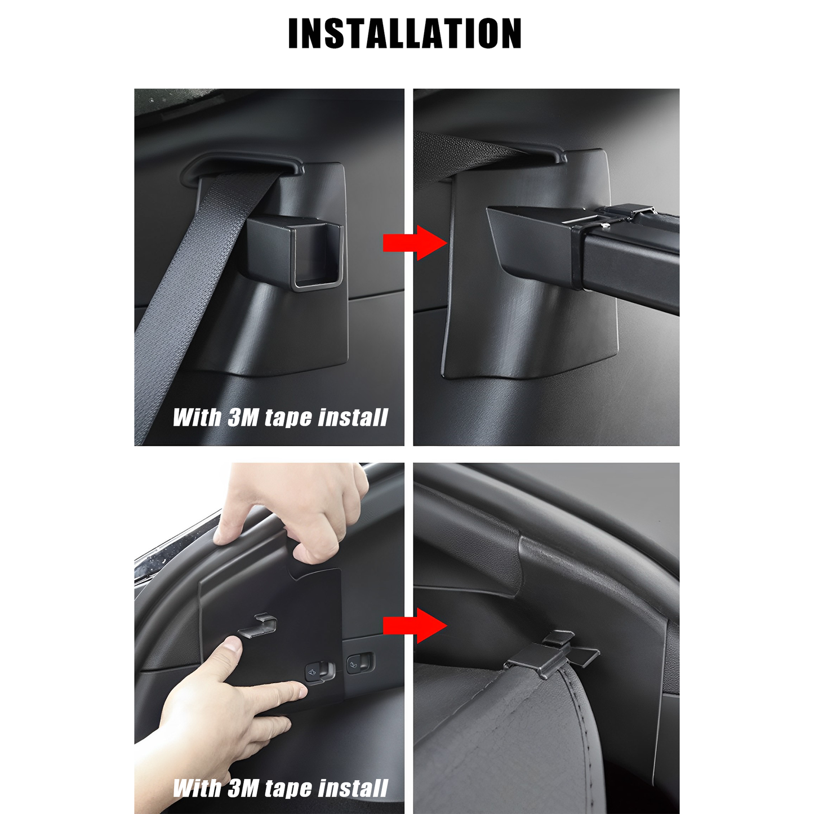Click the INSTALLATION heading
(x=404, y=33)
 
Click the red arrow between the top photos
(x=415, y=243)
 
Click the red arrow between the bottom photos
(x=415, y=626)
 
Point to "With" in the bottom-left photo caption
(x=197, y=776)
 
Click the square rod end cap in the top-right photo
(x=578, y=257)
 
